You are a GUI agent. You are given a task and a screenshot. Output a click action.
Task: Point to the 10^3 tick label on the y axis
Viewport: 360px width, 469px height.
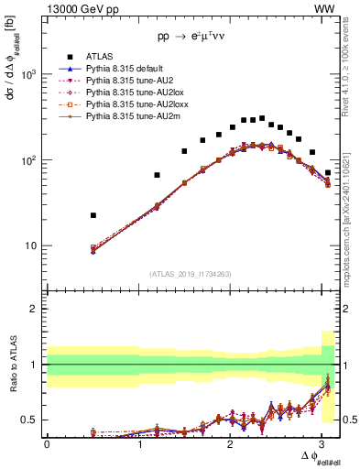(x=29, y=74)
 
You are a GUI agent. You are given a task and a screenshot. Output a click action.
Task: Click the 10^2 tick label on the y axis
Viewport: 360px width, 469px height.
(x=29, y=160)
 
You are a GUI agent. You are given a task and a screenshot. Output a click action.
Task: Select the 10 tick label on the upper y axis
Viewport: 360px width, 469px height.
(x=32, y=246)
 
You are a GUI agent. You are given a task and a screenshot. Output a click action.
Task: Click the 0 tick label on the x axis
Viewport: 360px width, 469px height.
(x=47, y=443)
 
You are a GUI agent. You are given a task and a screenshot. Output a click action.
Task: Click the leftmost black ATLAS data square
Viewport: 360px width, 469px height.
(x=93, y=215)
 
